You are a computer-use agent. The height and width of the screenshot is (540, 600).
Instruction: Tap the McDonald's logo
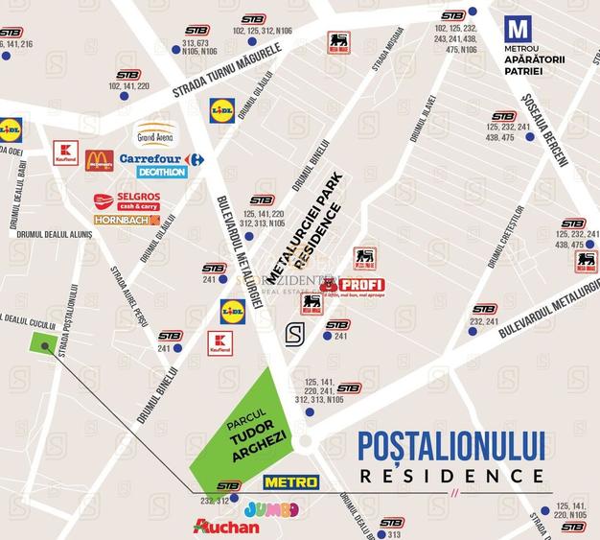tap(99, 160)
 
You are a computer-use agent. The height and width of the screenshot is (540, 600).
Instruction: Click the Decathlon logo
tap(161, 173)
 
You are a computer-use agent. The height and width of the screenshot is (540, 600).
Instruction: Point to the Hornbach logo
tap(127, 220)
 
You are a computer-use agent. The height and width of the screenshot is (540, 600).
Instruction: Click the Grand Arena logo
tap(155, 134)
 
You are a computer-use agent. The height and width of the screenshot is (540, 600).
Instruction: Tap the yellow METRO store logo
tap(290, 481)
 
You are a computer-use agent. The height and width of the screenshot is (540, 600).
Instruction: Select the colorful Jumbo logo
tap(271, 509)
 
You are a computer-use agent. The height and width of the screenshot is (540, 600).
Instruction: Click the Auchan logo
tap(226, 527)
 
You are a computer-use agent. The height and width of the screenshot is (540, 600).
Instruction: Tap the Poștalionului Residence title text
tap(451, 457)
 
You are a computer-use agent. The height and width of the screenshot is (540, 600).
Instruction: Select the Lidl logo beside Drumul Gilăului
tap(222, 111)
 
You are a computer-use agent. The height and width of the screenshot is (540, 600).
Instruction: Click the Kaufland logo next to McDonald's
tap(65, 153)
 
